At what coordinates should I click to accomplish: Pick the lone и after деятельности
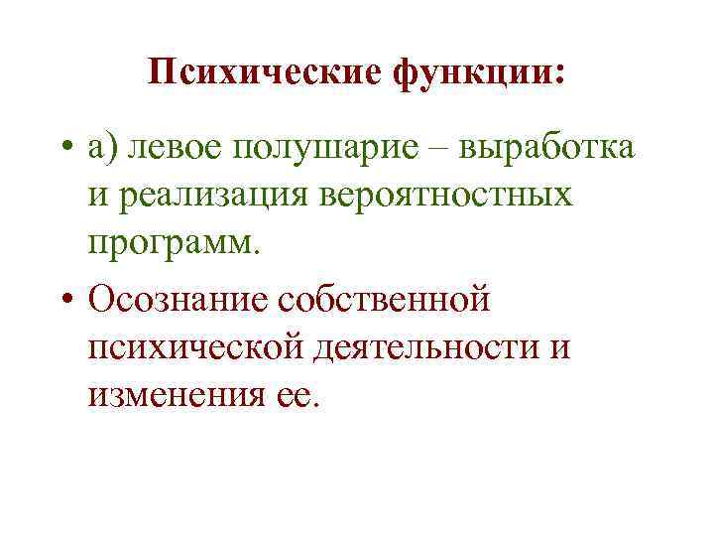[x=560, y=346]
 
